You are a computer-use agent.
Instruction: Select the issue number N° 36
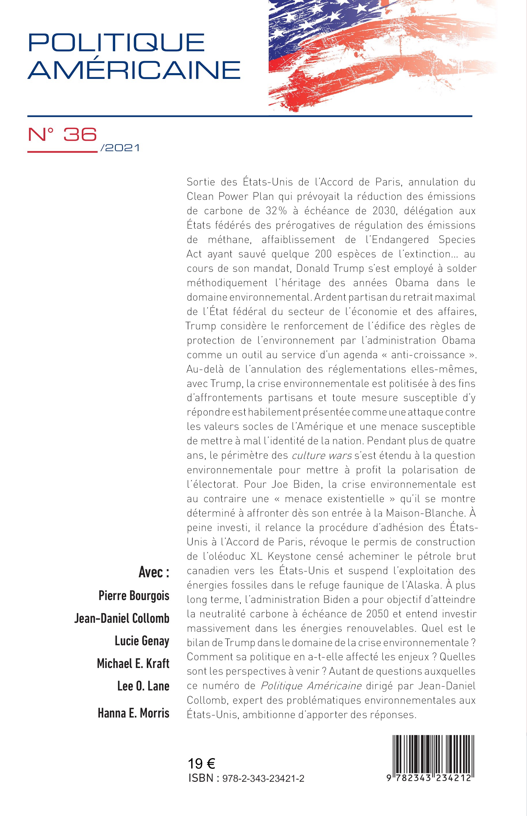pyautogui.click(x=62, y=135)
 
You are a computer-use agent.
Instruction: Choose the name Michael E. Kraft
pyautogui.click(x=133, y=663)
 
